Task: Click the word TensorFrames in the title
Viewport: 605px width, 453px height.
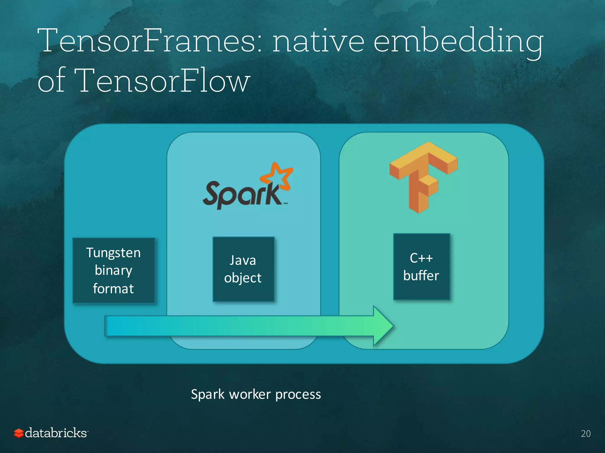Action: pos(149,41)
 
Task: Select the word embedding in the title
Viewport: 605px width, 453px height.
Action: pos(458,41)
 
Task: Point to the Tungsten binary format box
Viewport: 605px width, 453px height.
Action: pos(114,270)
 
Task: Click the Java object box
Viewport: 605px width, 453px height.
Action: pos(243,269)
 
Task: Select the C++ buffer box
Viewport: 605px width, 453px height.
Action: pos(422,267)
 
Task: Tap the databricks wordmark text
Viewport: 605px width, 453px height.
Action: pos(56,433)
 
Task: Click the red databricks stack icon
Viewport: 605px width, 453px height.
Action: pos(19,433)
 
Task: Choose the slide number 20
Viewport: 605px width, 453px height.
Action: pos(586,434)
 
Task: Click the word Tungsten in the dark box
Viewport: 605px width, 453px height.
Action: pos(113,253)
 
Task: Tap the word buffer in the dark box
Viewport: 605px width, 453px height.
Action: pos(421,276)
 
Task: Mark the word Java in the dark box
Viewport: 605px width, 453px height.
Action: pos(243,260)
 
